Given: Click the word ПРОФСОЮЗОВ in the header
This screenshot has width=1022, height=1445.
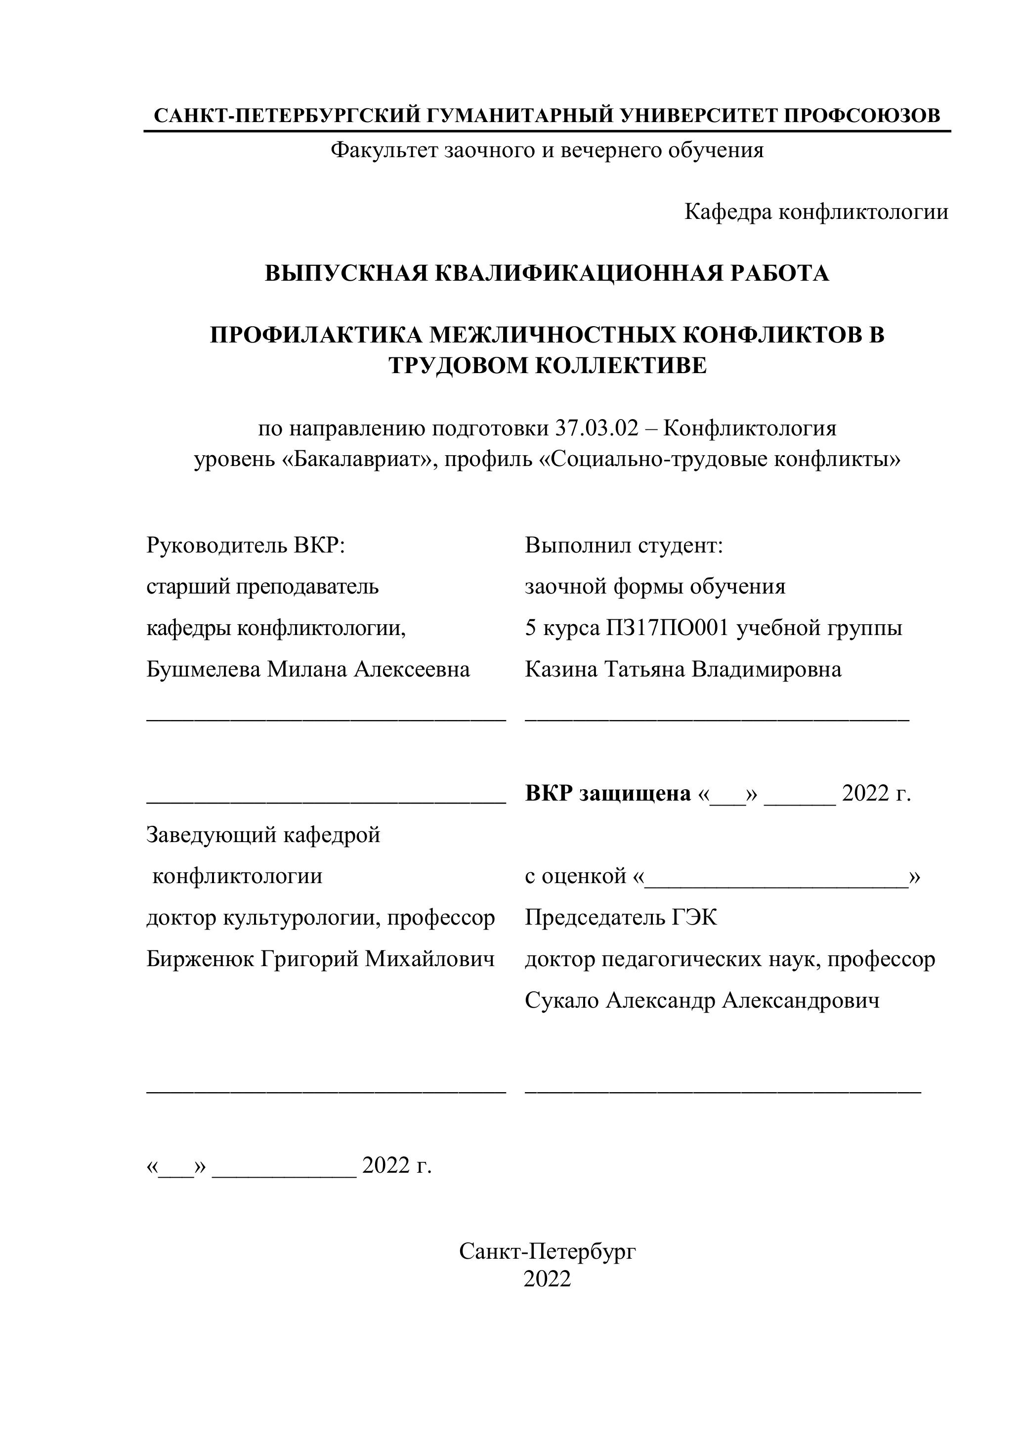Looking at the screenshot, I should pos(862,115).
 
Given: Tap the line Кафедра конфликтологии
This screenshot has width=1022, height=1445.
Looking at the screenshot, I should pos(816,212).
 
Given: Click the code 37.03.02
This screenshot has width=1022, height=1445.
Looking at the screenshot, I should pos(596,428).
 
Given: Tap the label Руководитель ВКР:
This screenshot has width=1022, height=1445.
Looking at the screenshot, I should pos(246,545).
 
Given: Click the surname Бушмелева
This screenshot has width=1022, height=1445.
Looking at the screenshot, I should pos(203,669).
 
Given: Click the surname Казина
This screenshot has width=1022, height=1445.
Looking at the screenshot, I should pos(561,669).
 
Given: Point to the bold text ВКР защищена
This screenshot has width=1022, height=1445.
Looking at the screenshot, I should pos(607,794).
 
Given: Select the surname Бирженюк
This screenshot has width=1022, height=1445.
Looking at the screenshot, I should pos(200,959).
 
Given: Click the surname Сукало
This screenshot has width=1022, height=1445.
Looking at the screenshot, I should pos(561,1000).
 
